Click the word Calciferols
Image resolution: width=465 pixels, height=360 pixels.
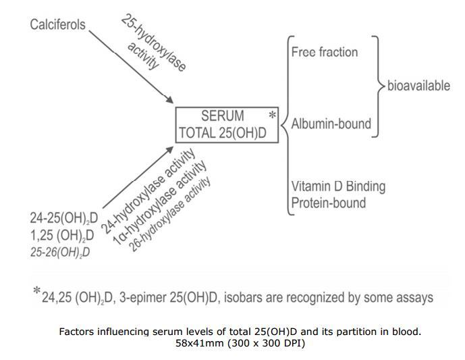[58, 25]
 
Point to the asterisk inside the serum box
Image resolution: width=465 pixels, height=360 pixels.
[273, 115]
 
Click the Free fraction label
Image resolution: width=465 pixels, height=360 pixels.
[325, 52]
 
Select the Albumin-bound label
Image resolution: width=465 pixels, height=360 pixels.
[331, 124]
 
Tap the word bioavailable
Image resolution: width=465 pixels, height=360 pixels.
[418, 86]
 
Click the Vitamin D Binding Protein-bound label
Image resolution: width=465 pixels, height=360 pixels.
[329, 195]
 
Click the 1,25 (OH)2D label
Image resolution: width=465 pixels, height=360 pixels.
[59, 235]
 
